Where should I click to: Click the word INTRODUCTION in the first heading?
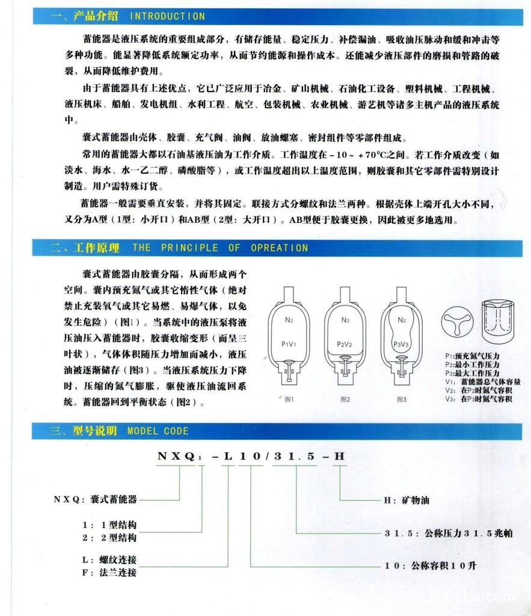coord(167,16)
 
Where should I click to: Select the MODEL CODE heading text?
coord(158,431)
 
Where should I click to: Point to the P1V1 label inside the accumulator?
coord(288,344)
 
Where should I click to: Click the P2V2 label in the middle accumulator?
coord(345,344)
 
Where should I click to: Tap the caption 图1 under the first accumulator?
coord(289,399)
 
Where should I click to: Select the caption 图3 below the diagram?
coord(401,399)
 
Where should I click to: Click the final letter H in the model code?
coord(340,456)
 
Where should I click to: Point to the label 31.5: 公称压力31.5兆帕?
coord(447,533)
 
